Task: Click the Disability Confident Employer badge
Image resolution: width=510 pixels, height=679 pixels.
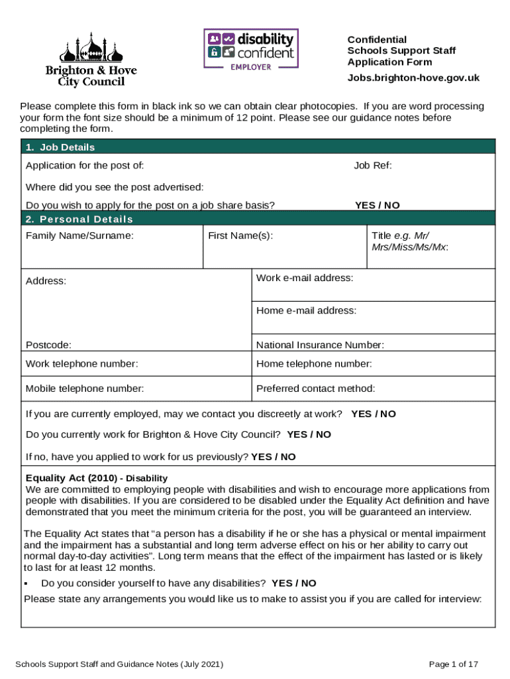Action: point(250,50)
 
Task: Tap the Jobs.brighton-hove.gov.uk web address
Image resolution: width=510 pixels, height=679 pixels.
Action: point(413,78)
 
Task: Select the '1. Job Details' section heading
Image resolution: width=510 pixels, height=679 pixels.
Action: point(60,147)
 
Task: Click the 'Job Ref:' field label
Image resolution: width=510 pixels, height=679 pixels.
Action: point(372,165)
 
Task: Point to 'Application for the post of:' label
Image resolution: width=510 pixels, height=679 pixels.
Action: point(85,165)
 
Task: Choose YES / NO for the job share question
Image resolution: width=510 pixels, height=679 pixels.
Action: point(377,206)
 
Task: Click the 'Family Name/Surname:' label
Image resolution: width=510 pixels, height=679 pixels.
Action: point(79,235)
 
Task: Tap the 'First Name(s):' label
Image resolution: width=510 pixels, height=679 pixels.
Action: point(240,235)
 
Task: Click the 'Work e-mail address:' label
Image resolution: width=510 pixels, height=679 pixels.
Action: point(305,278)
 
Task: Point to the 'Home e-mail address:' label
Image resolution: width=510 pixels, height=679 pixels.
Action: point(306,310)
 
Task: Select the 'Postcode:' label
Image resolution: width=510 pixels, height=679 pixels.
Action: point(48,345)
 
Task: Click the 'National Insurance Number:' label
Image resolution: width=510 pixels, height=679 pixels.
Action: point(320,345)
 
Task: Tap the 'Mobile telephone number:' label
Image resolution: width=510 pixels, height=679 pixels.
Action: point(85,389)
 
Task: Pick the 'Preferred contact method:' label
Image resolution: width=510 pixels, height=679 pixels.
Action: point(315,389)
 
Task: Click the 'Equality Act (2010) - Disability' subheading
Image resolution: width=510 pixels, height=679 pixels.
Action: point(97,478)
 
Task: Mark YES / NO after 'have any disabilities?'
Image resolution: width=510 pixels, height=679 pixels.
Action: point(294,584)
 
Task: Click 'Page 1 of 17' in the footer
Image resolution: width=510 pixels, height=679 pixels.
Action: point(454,664)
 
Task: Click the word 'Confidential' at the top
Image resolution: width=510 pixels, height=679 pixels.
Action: point(377,40)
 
